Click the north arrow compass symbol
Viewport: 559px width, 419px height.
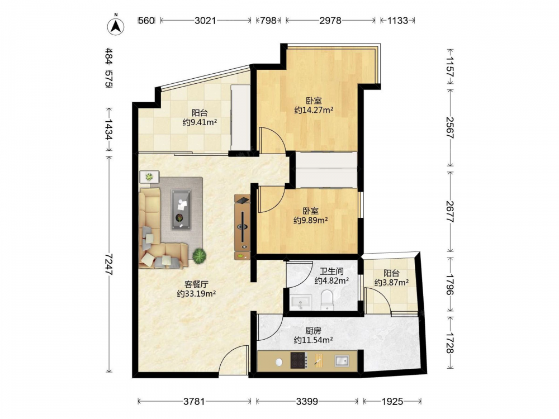point(116,26)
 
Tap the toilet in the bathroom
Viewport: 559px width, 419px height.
point(327,299)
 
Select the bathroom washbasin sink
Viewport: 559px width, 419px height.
point(301,302)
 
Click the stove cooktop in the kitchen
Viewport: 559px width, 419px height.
point(299,360)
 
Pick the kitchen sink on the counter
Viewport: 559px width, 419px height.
point(342,361)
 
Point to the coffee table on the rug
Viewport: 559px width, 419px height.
point(181,209)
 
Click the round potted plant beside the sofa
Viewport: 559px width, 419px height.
point(200,255)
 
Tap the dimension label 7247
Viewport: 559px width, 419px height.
point(109,264)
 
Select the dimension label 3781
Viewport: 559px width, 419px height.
point(195,402)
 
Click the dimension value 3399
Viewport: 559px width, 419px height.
point(307,402)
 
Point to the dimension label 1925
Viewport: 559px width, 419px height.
point(392,402)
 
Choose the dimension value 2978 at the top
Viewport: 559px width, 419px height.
point(330,20)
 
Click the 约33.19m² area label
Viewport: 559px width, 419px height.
point(196,294)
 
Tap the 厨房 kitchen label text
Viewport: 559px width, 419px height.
point(313,331)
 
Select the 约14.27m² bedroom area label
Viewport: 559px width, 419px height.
point(314,110)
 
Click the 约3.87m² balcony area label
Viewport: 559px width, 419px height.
point(391,283)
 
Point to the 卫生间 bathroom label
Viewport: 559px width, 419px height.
point(331,272)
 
